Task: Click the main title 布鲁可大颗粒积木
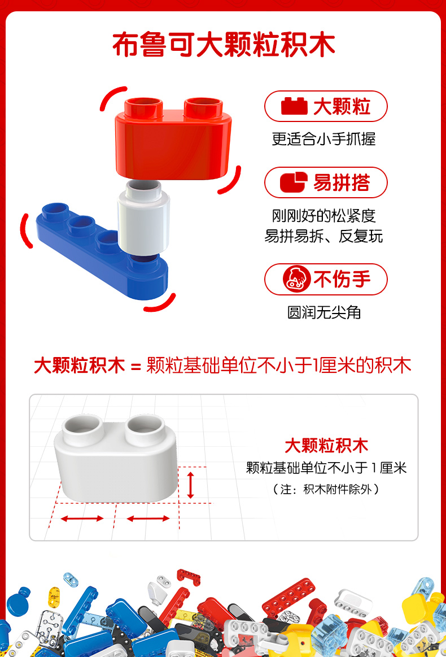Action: (x=224, y=45)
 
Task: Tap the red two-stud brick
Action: (x=173, y=139)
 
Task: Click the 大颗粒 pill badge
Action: (x=326, y=106)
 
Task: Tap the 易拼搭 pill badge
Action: (x=326, y=182)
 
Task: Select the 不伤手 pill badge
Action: (x=326, y=280)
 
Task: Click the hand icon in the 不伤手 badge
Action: (x=296, y=279)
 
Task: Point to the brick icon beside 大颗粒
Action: (x=294, y=106)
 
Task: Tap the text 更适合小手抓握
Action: (x=323, y=139)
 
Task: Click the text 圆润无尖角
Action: (x=323, y=312)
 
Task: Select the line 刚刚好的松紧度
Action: (x=323, y=216)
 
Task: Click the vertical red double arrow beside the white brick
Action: (x=191, y=485)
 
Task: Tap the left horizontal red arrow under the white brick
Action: (x=82, y=519)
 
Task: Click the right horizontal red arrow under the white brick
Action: (x=148, y=519)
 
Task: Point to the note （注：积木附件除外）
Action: (x=326, y=489)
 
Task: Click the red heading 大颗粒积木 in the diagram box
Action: (x=326, y=446)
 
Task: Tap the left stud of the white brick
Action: (x=83, y=430)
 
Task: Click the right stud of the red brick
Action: (x=204, y=107)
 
